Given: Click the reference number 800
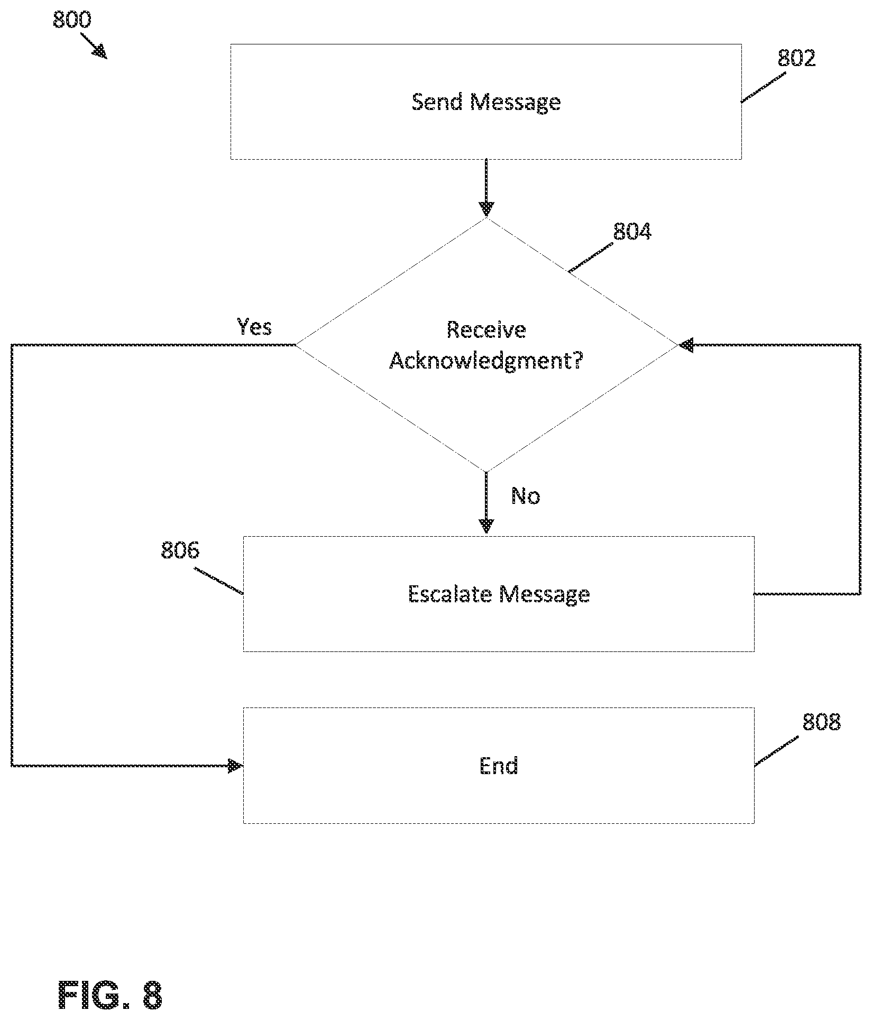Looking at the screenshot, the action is coord(72,20).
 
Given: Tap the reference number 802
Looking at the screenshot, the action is coord(796,58).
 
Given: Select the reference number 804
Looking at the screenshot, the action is coord(632,232).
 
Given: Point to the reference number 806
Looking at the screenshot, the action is coord(180,550).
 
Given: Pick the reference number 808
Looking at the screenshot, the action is coord(821,722).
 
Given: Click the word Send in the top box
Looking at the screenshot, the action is coord(437,102).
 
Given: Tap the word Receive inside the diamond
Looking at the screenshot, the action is coord(487,329).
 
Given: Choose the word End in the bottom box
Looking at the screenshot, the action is coord(499,766).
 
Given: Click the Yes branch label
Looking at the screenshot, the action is coord(254,327).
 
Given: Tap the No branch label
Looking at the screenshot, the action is coord(526,496).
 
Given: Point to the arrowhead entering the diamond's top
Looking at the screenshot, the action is coord(486,209).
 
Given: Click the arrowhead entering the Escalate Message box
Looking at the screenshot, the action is coord(486,526).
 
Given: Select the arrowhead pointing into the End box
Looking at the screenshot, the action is coord(235,766).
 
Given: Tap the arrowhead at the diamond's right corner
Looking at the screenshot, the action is coord(686,345).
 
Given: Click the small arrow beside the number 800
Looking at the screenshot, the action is coord(93,46).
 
